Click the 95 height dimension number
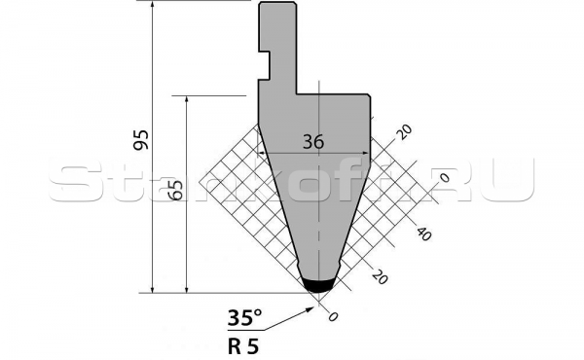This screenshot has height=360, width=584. (141, 140)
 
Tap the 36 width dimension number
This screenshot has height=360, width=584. (313, 142)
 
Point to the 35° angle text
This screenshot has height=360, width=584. (244, 317)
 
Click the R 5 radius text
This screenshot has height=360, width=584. (242, 347)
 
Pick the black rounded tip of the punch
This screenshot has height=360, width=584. (317, 285)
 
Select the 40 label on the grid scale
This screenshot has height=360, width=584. (423, 234)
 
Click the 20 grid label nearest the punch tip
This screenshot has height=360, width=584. (380, 277)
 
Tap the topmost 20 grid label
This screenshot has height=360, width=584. (404, 131)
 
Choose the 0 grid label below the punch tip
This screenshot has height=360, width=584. (333, 316)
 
